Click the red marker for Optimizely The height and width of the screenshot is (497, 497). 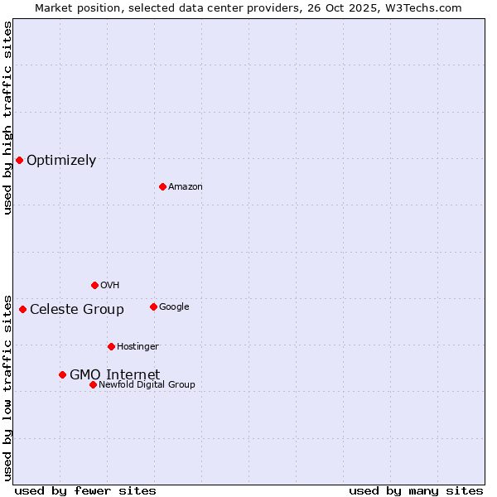click(x=19, y=160)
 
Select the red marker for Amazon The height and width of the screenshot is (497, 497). click(x=162, y=186)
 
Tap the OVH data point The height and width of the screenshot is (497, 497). click(x=94, y=285)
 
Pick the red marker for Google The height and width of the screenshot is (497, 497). click(x=153, y=306)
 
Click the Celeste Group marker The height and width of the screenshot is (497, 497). click(x=22, y=309)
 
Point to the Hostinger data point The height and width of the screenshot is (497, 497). click(x=111, y=346)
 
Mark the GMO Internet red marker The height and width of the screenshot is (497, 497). click(x=62, y=374)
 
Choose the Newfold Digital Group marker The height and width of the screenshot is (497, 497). click(x=93, y=384)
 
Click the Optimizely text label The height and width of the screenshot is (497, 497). click(x=61, y=160)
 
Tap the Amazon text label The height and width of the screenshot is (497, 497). click(x=186, y=186)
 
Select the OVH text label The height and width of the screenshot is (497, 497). click(x=110, y=285)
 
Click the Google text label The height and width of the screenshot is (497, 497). click(x=174, y=306)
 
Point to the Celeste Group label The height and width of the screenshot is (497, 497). click(x=77, y=309)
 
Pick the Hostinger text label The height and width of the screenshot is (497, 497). click(x=138, y=346)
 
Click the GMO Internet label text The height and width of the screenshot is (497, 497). click(x=114, y=374)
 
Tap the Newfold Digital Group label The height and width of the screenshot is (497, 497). click(x=147, y=384)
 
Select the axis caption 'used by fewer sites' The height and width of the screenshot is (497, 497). click(x=85, y=490)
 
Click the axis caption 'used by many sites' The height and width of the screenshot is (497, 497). click(x=416, y=490)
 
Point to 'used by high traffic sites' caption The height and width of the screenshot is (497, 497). click(x=7, y=118)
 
